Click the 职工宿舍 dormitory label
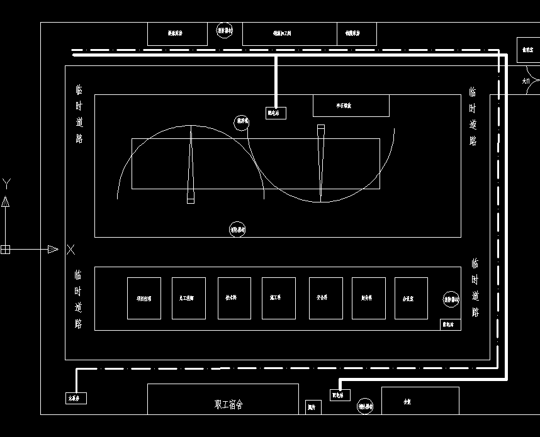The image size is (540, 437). tap(228, 404)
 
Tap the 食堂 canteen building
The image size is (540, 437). tap(420, 401)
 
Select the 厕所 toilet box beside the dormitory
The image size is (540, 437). tap(313, 407)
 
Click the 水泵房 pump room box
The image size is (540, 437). tap(77, 398)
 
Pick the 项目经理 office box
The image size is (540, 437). tap(143, 298)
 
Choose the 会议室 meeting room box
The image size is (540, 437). tap(411, 298)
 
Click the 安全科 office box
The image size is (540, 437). tap(325, 298)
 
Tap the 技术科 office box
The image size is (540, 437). tap(234, 298)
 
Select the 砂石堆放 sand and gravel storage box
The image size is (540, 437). tap(351, 106)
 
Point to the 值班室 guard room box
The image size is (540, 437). tap(528, 50)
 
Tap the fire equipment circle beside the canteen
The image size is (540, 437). tap(365, 407)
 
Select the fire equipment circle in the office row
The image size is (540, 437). tap(451, 300)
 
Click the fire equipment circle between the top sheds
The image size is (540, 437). tap(225, 30)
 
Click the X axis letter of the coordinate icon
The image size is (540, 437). tap(70, 250)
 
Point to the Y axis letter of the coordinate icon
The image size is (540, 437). tap(6, 184)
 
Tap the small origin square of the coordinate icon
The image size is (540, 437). tap(5, 250)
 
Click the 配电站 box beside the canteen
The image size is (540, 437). tap(340, 395)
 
